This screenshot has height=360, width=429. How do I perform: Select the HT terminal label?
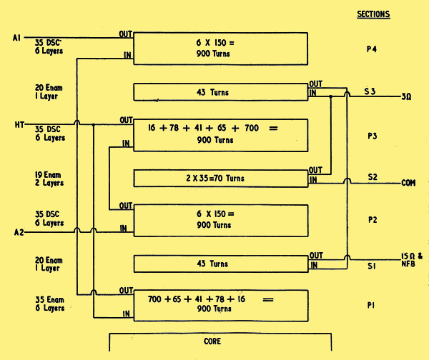pyautogui.click(x=19, y=125)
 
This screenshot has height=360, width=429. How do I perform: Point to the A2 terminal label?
pyautogui.click(x=19, y=231)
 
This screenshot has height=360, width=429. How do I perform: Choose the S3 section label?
pyautogui.click(x=370, y=92)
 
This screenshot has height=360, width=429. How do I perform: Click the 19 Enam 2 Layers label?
pyautogui.click(x=49, y=177)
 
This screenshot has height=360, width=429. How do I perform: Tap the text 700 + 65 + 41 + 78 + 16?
pyautogui.click(x=197, y=299)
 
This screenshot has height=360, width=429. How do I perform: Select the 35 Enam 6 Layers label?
pyautogui.click(x=49, y=304)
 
